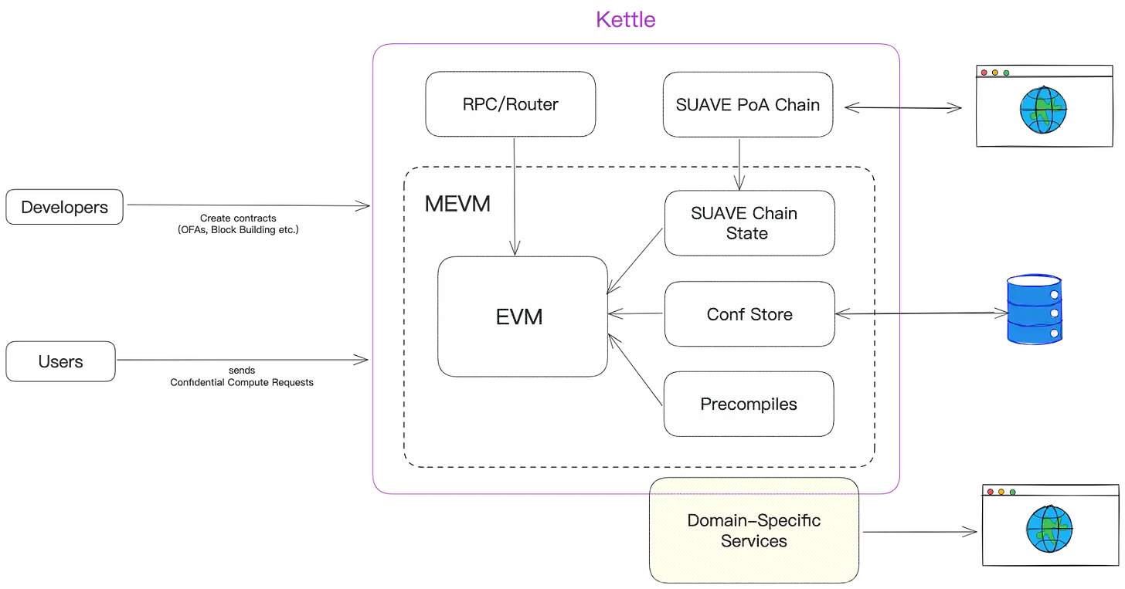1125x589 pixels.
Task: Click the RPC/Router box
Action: [x=510, y=104]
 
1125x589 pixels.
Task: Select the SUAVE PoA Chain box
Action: [x=747, y=105]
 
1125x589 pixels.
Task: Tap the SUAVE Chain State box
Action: [x=749, y=223]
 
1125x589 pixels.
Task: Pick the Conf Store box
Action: [x=749, y=314]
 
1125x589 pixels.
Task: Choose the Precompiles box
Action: [x=749, y=404]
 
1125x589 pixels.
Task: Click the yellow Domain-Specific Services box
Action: [x=753, y=530]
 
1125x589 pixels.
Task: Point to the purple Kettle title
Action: [x=626, y=19]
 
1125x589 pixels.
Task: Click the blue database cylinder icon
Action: [x=1032, y=308]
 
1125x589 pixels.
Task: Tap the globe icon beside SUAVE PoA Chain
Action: [x=1043, y=110]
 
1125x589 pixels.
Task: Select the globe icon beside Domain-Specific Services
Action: [x=1050, y=529]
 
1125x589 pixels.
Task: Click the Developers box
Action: [x=64, y=207]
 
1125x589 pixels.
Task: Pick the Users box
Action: [x=61, y=362]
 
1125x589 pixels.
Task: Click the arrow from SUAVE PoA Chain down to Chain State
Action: [x=740, y=163]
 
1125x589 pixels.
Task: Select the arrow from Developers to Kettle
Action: [x=247, y=207]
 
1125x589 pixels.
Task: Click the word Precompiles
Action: [x=749, y=404]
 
